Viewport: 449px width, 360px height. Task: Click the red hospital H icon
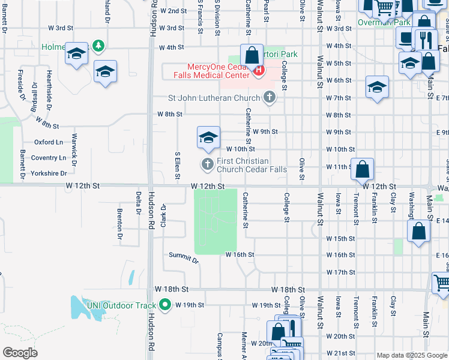pyautogui.click(x=259, y=71)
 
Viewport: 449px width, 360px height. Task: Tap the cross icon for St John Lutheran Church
pyautogui.click(x=270, y=97)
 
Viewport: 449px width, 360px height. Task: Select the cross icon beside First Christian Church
pyautogui.click(x=208, y=164)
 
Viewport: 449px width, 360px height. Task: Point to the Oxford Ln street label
pyautogui.click(x=49, y=142)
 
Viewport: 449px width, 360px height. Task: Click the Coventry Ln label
pyautogui.click(x=49, y=158)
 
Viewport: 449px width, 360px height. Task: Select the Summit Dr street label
pyautogui.click(x=183, y=258)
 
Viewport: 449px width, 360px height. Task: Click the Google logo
pyautogui.click(x=20, y=353)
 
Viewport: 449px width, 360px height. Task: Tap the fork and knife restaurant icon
pyautogui.click(x=427, y=40)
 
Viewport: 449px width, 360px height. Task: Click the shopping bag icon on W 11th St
pyautogui.click(x=363, y=170)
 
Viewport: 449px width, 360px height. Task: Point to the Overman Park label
pyautogui.click(x=384, y=23)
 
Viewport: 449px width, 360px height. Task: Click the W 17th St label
pyautogui.click(x=340, y=272)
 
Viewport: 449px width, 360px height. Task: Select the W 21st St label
pyautogui.click(x=340, y=353)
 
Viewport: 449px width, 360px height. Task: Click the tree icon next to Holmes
pyautogui.click(x=98, y=46)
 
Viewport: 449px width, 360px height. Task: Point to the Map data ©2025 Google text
pyautogui.click(x=411, y=355)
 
